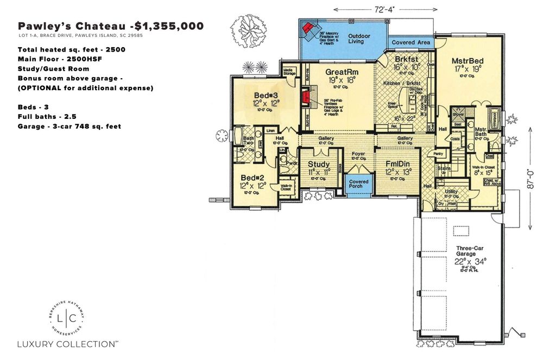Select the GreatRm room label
coord(340,72)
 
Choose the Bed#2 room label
coord(251,178)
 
